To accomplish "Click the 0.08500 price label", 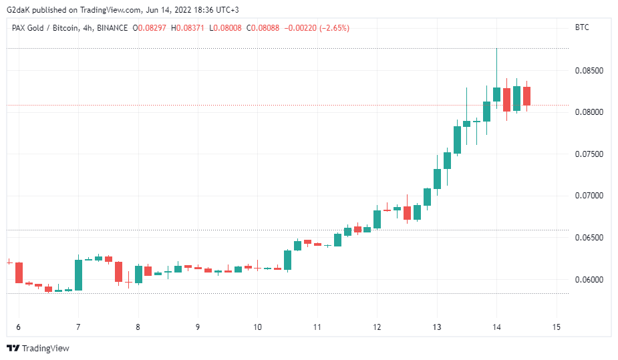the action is pyautogui.click(x=589, y=71).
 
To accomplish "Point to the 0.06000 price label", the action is pyautogui.click(x=589, y=280).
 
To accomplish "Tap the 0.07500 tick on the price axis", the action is pyautogui.click(x=589, y=154).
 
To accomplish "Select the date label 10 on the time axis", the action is pyautogui.click(x=257, y=327).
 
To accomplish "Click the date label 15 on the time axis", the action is pyautogui.click(x=556, y=327).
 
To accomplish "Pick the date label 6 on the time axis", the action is pyautogui.click(x=18, y=327).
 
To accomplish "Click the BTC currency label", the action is pyautogui.click(x=582, y=27).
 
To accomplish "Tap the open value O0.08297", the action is pyautogui.click(x=150, y=28).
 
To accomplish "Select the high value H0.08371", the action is pyautogui.click(x=188, y=28).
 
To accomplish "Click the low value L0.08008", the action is pyautogui.click(x=225, y=28).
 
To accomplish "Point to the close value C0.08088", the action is pyautogui.click(x=263, y=28).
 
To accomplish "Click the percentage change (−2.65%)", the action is pyautogui.click(x=335, y=28).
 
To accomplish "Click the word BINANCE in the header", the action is pyautogui.click(x=112, y=28).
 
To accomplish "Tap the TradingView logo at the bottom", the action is pyautogui.click(x=38, y=348).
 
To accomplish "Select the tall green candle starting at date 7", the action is pyautogui.click(x=78, y=275).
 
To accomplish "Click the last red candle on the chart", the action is pyautogui.click(x=526, y=96).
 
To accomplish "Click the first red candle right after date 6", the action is pyautogui.click(x=19, y=273).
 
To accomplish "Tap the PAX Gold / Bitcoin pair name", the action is pyautogui.click(x=45, y=28).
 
